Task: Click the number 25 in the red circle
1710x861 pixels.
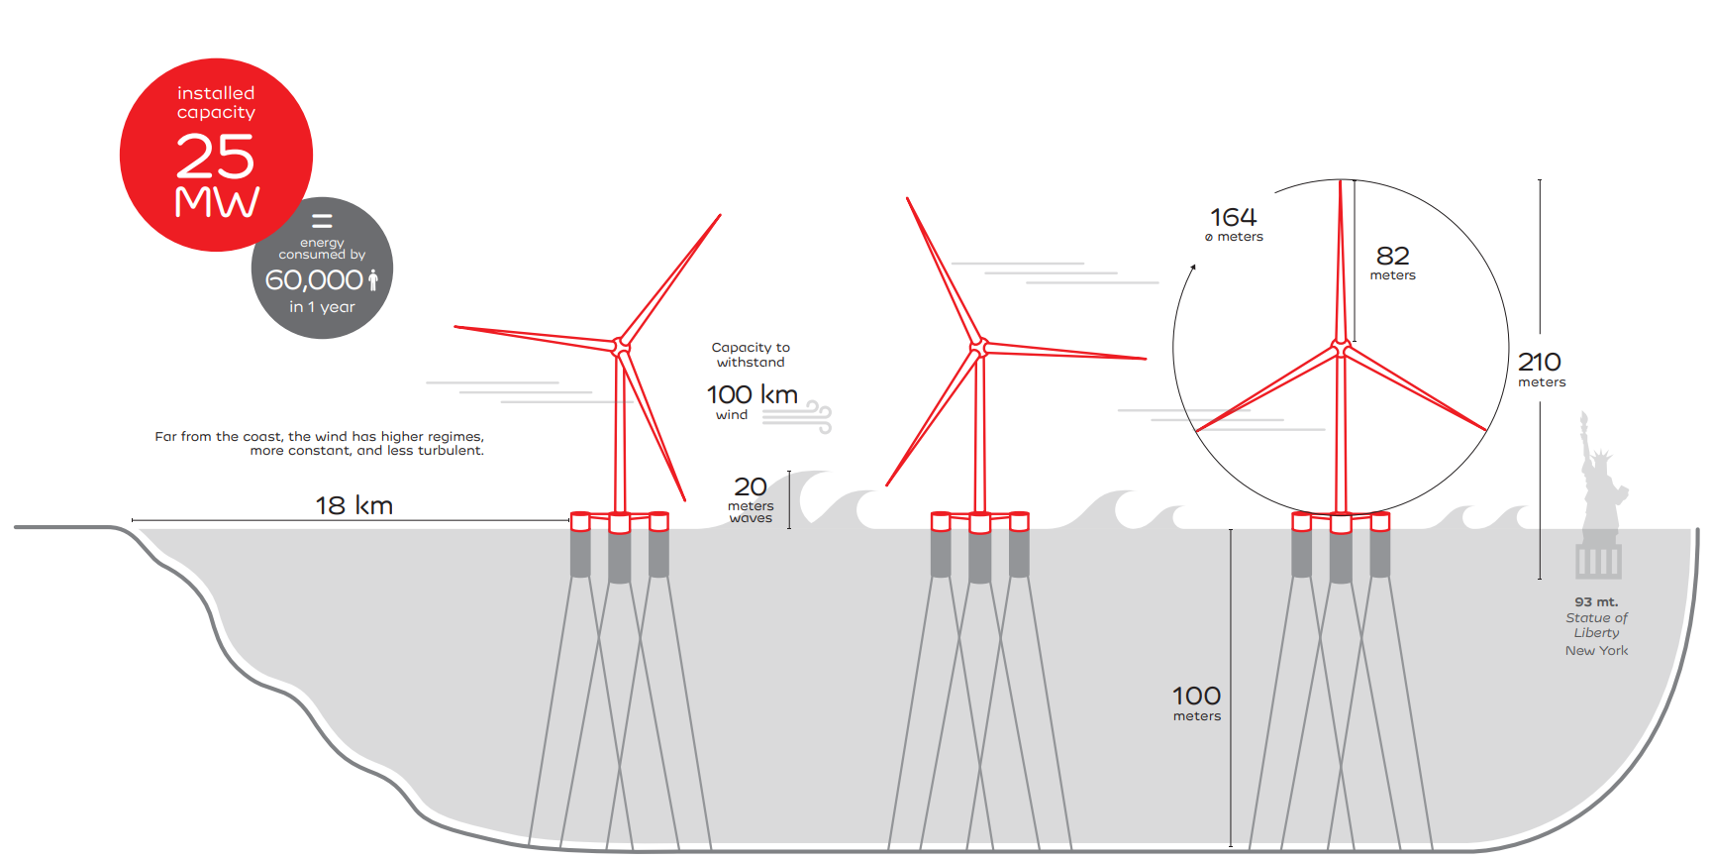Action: (215, 157)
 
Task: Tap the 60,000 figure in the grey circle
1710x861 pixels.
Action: (314, 280)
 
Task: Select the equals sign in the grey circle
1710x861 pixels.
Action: (322, 220)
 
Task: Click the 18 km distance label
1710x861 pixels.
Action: (353, 505)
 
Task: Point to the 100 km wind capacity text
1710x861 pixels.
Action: (752, 394)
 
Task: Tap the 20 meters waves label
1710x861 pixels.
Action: (751, 498)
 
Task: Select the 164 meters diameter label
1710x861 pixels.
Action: (1234, 223)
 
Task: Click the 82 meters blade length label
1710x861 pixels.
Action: (1392, 262)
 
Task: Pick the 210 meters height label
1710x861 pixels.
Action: (1540, 368)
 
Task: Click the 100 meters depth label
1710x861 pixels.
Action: (1196, 701)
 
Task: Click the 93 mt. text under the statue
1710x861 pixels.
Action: (1596, 601)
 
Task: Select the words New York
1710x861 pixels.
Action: (1596, 650)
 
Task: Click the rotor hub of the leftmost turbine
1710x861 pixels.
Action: (621, 347)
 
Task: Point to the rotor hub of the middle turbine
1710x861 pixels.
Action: (978, 346)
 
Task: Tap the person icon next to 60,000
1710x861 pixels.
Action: (373, 279)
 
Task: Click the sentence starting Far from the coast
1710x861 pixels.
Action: (319, 443)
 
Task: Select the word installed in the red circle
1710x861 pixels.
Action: (216, 93)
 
